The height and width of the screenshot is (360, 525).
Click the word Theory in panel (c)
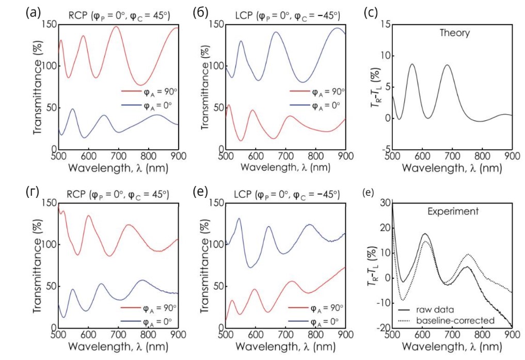pos(454,34)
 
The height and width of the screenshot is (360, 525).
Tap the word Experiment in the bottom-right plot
pos(452,211)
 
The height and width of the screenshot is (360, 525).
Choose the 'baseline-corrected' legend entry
pos(448,320)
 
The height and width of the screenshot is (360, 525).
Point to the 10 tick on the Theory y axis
pos(385,56)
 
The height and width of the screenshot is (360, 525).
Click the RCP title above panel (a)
pos(118,16)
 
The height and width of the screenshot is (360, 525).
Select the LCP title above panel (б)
pos(286,16)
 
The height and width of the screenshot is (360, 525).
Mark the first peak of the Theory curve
pos(412,65)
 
